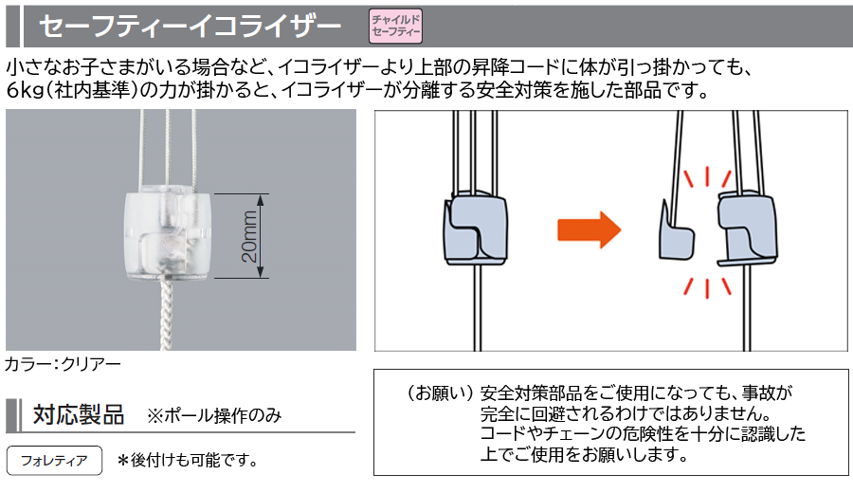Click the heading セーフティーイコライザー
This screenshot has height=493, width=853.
(x=190, y=26)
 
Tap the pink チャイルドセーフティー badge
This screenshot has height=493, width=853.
(x=394, y=26)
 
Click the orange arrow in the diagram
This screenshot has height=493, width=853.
(x=588, y=228)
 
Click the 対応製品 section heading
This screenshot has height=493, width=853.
(x=79, y=415)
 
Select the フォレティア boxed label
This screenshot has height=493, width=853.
(x=54, y=461)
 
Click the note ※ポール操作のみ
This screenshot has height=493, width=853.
(x=213, y=416)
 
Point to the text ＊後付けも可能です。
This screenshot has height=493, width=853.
(x=188, y=461)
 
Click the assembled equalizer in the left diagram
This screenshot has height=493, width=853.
(x=474, y=228)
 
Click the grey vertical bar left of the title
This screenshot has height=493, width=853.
(x=12, y=26)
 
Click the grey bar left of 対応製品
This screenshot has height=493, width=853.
(x=12, y=415)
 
